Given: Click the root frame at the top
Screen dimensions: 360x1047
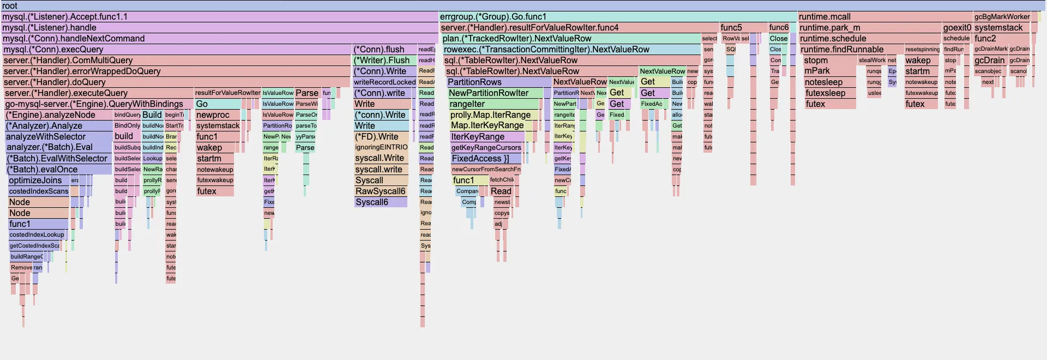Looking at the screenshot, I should tap(523, 5).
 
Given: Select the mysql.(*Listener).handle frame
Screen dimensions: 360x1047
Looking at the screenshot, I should tap(218, 27).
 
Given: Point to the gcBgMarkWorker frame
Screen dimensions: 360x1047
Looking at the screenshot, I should tap(1002, 16).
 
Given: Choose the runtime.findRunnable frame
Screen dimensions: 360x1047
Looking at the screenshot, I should tap(851, 49).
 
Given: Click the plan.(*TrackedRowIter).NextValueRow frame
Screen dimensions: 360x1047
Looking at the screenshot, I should tap(570, 38).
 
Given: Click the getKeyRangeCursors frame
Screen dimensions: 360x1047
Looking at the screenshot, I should tap(486, 147).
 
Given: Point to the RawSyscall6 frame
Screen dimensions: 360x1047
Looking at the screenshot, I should tap(381, 191).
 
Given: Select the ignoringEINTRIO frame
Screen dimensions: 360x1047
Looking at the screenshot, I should tap(381, 147).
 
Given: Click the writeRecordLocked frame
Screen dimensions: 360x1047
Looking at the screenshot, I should tap(384, 82).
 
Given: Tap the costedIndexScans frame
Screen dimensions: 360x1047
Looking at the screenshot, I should tap(38, 191).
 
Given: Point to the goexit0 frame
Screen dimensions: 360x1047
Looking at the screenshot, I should tap(957, 27).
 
